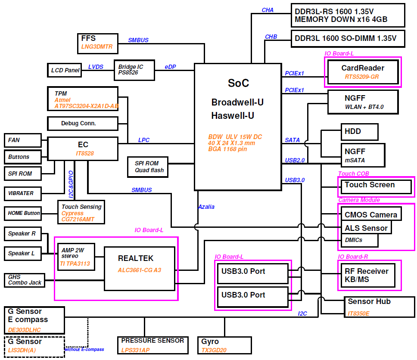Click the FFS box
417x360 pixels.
click(x=95, y=43)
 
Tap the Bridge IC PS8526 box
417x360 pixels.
click(x=134, y=70)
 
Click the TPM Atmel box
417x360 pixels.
click(x=83, y=99)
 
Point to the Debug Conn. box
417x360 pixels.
click(x=83, y=124)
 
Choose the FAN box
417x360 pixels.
click(x=23, y=140)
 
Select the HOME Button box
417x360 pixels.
click(x=22, y=213)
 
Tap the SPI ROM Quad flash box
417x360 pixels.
click(x=148, y=167)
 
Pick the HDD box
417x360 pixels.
click(x=359, y=132)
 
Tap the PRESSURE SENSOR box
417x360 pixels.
click(x=152, y=345)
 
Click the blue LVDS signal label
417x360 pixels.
click(x=96, y=67)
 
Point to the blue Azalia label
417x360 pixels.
click(x=206, y=207)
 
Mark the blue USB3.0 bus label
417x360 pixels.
click(x=295, y=180)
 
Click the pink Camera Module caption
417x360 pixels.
click(x=359, y=200)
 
